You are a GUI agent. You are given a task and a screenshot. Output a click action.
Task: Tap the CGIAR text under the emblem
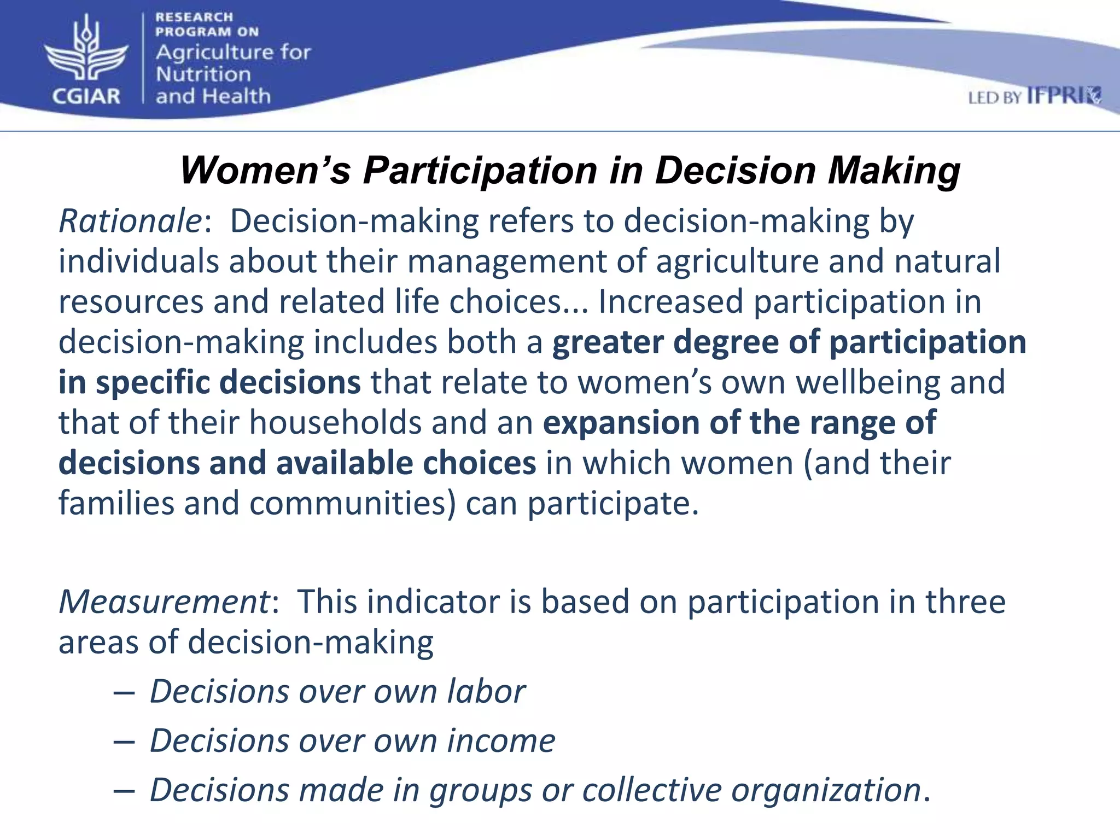(86, 96)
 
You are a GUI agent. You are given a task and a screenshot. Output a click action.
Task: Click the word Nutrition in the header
(203, 74)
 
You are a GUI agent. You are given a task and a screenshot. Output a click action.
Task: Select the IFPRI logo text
(1064, 96)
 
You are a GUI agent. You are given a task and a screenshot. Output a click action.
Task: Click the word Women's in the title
(265, 170)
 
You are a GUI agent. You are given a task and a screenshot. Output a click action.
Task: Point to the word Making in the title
(894, 170)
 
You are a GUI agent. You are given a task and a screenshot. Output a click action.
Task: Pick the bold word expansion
(620, 423)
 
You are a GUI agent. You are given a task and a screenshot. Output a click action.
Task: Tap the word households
(335, 423)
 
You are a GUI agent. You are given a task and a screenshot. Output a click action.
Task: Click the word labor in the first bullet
(486, 691)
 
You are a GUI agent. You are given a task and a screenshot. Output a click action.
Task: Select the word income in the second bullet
(501, 741)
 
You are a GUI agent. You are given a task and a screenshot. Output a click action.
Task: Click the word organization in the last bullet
(826, 790)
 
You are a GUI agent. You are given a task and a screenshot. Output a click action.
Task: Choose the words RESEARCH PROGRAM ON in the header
(207, 25)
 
